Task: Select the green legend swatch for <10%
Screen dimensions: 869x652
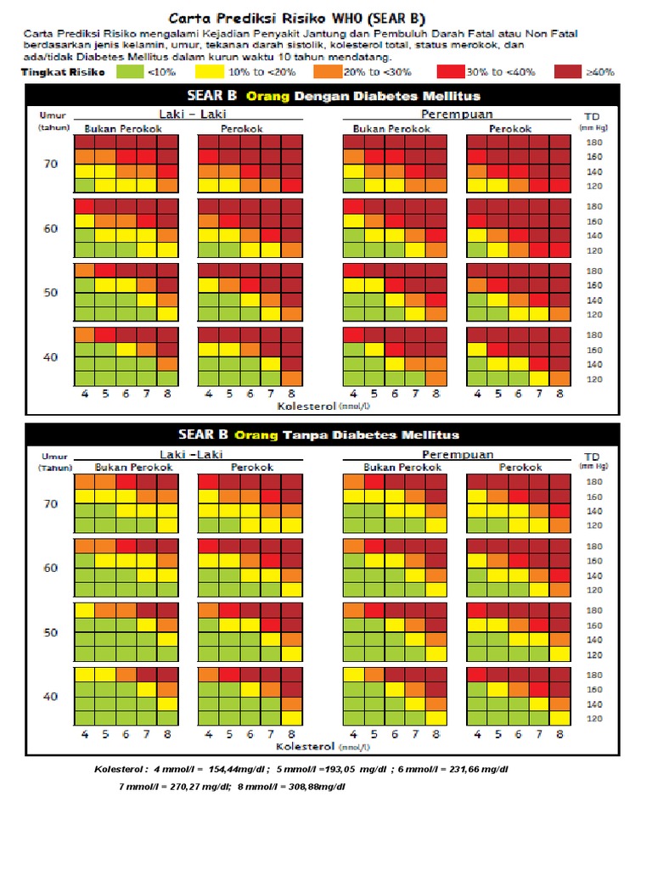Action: (131, 72)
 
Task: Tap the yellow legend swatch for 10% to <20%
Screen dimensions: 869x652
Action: (210, 72)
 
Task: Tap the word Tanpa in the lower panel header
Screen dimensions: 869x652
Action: (308, 435)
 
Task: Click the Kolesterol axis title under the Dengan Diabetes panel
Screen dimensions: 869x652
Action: (307, 406)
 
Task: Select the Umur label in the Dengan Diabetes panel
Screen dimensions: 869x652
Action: (52, 115)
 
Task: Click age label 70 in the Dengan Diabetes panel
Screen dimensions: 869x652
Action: (50, 164)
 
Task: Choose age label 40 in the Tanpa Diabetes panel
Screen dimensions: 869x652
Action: (50, 697)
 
